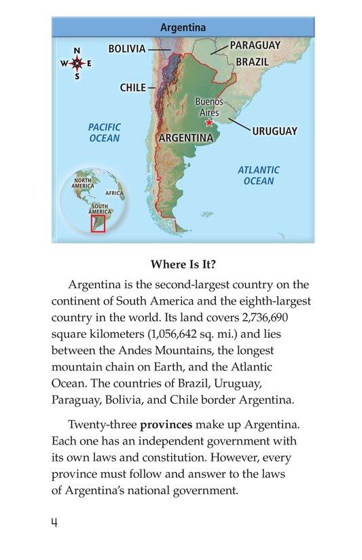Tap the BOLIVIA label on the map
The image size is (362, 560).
point(127,49)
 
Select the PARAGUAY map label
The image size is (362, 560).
point(255,45)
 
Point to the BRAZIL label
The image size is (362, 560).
point(252,61)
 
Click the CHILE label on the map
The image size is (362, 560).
point(132,88)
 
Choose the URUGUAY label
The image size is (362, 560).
point(274,131)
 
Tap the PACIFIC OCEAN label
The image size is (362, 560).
point(104,133)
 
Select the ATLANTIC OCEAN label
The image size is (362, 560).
point(258,175)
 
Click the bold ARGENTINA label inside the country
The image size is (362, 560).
point(185,137)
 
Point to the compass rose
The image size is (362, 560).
point(77,64)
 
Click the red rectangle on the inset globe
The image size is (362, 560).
point(98,223)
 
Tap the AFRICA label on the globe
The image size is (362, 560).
point(115,193)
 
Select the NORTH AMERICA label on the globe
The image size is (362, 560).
point(83,183)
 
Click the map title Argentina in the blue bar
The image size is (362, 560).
point(183,28)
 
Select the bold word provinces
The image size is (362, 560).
point(166,425)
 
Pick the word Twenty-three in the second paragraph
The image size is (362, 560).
point(103,425)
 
